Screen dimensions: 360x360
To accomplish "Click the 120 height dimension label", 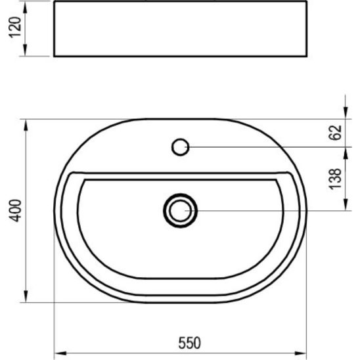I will tap(18, 29).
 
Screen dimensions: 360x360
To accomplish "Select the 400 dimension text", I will tap(18, 210).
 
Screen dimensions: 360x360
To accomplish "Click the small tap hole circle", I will tap(180, 146).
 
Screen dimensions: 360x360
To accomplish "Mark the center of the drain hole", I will tap(180, 210).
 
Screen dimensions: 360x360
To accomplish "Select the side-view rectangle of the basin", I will tap(180, 29).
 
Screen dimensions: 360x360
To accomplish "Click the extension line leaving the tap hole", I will tap(263, 146).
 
